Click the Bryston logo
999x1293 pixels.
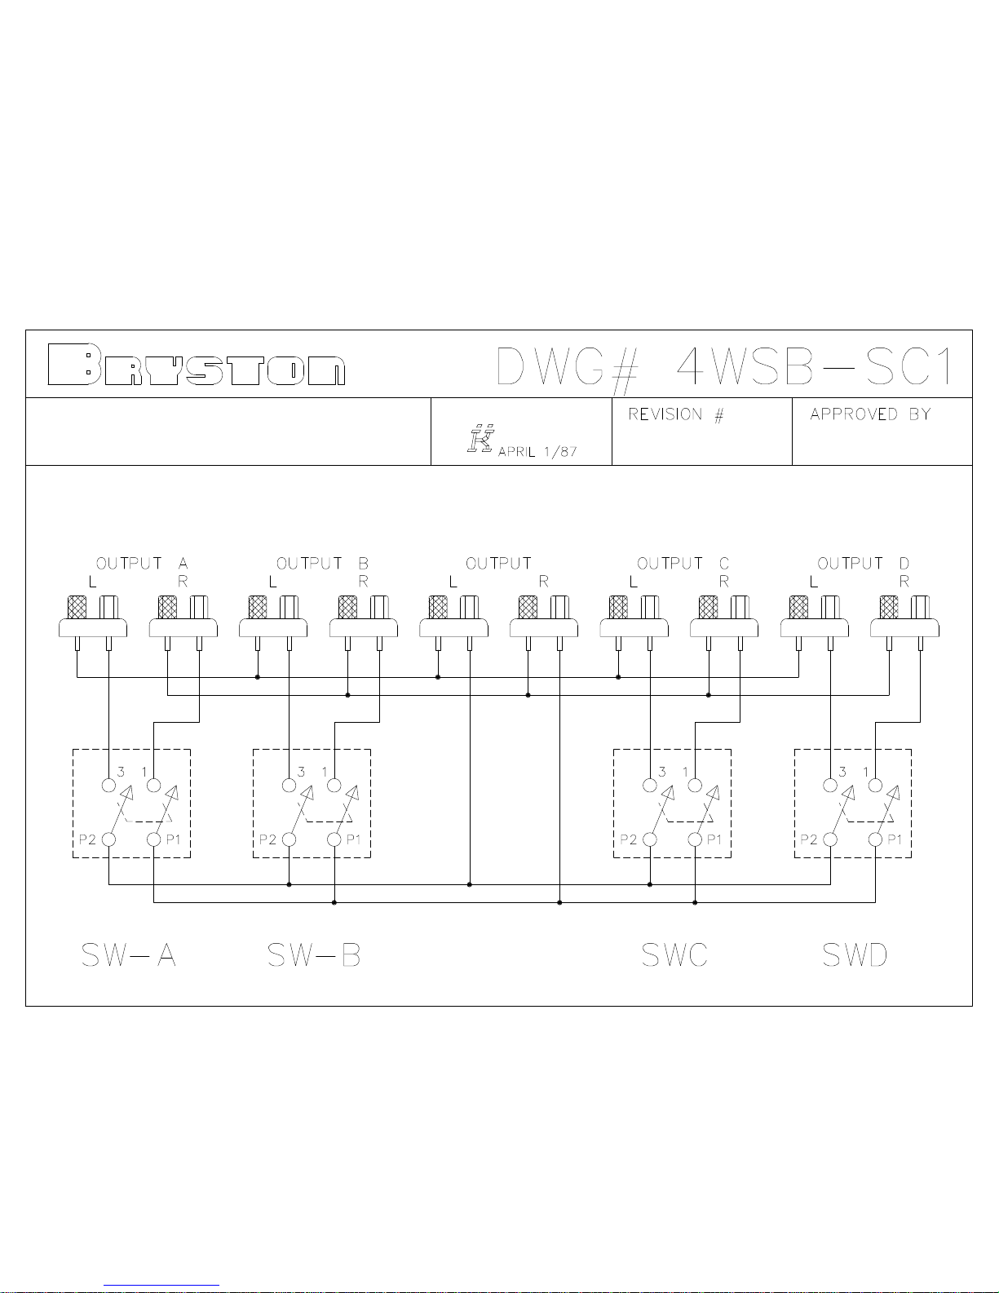(196, 365)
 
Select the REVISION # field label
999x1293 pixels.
(675, 414)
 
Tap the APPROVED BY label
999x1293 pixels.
(869, 414)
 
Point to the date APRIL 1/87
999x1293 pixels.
(537, 451)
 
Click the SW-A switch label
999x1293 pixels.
(128, 954)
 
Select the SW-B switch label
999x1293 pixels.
(314, 954)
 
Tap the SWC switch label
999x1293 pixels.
(674, 954)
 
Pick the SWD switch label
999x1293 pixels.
(854, 954)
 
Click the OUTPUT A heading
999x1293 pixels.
(142, 564)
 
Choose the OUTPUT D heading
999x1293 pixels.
(863, 564)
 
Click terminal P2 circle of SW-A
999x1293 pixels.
(108, 839)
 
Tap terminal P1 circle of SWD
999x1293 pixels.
(875, 839)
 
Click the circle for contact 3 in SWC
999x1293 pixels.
(650, 786)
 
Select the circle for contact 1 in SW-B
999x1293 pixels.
(334, 786)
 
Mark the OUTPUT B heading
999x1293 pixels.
(322, 564)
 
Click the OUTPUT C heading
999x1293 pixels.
(683, 564)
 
